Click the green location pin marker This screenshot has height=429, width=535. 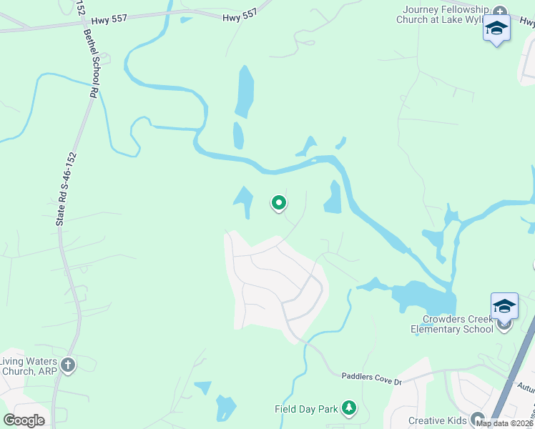click(x=279, y=204)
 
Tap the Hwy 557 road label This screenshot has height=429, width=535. click(x=238, y=18)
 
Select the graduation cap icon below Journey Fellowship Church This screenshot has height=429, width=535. click(x=496, y=29)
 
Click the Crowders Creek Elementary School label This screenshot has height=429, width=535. click(x=452, y=324)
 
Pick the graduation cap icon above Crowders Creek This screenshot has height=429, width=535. click(x=504, y=306)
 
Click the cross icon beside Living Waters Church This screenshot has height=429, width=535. click(x=68, y=365)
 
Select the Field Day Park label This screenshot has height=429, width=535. click(x=306, y=409)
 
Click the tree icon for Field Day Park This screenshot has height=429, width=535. click(x=349, y=408)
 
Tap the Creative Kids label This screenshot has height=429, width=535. click(x=437, y=420)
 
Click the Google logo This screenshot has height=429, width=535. click(x=24, y=420)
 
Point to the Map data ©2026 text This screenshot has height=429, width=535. click(x=504, y=423)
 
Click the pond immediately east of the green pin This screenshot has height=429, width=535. click(x=333, y=198)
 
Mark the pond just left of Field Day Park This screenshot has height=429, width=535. click(x=225, y=408)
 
